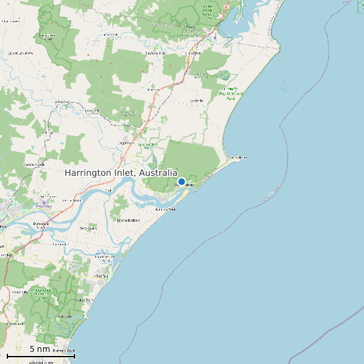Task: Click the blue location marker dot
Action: click(x=181, y=181)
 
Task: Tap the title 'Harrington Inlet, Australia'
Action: click(x=121, y=173)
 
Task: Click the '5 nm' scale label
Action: click(x=40, y=349)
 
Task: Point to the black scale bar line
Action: click(x=40, y=356)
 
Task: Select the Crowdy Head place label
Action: click(x=237, y=158)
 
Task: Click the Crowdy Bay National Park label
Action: click(x=231, y=93)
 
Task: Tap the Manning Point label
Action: click(x=165, y=210)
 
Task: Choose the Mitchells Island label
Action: click(x=128, y=220)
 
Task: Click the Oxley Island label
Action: click(x=89, y=228)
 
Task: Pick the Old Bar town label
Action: click(x=101, y=276)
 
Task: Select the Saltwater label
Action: click(x=64, y=316)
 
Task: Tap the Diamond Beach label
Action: click(x=64, y=352)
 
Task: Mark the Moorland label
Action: click(x=154, y=89)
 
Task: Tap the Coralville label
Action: click(x=196, y=101)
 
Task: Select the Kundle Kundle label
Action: click(x=33, y=165)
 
